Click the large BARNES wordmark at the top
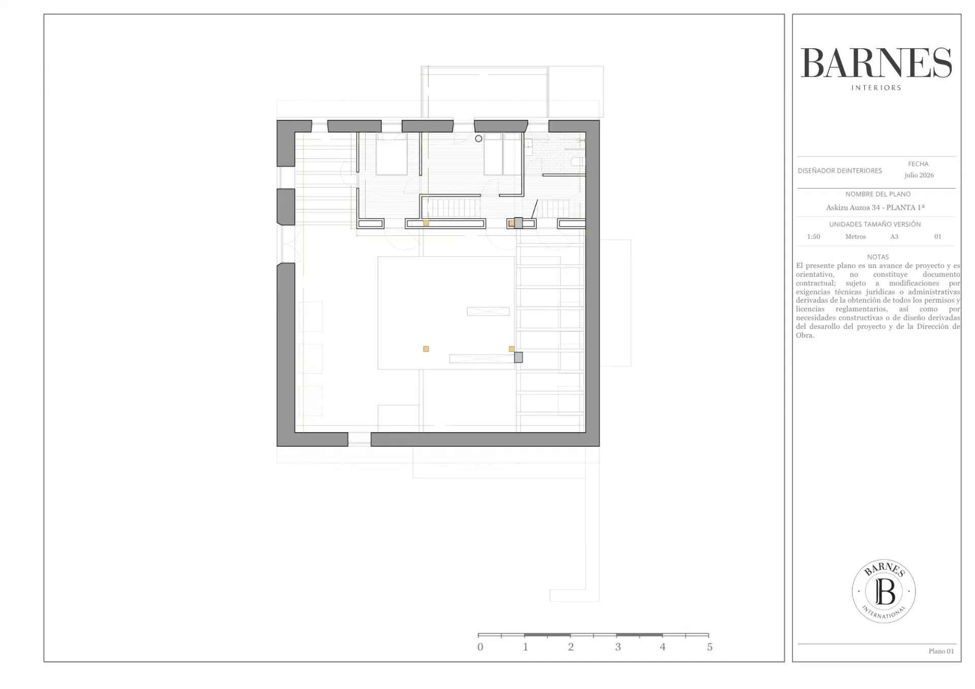(876, 63)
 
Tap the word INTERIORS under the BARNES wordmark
(876, 88)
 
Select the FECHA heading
(918, 164)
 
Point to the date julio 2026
(919, 175)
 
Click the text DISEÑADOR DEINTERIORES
(840, 171)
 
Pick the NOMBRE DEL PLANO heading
(878, 194)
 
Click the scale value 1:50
(814, 237)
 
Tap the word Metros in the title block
(856, 237)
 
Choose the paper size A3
(894, 237)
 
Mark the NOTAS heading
(878, 257)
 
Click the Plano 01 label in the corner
(941, 651)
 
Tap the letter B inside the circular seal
(885, 592)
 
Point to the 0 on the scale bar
(480, 647)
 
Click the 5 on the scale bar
(710, 647)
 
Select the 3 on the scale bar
(618, 647)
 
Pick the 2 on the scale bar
(571, 647)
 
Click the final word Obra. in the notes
(805, 336)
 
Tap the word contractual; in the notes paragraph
(815, 283)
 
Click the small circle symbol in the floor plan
(478, 139)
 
